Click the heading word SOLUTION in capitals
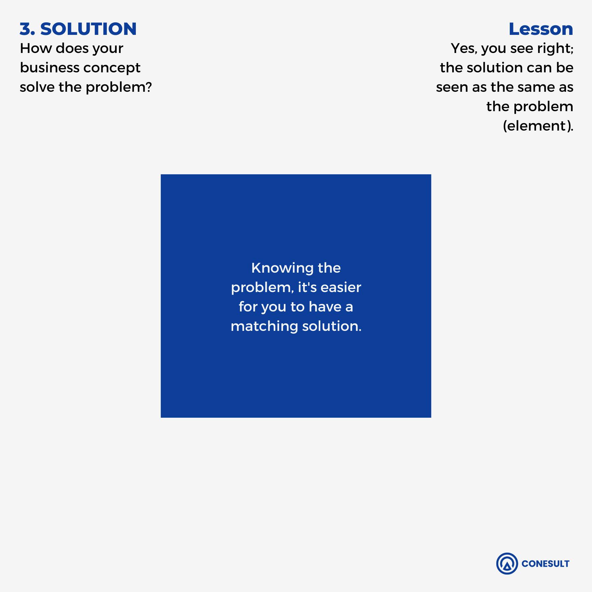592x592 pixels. point(88,29)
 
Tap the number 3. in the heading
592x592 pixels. point(27,29)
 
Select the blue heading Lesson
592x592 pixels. point(541,29)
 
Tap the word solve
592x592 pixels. point(37,87)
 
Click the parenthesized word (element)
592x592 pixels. point(538,126)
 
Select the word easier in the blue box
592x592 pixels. point(341,287)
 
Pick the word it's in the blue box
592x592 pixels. point(307,287)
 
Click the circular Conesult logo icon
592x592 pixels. point(507,564)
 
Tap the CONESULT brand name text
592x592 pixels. point(545,564)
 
